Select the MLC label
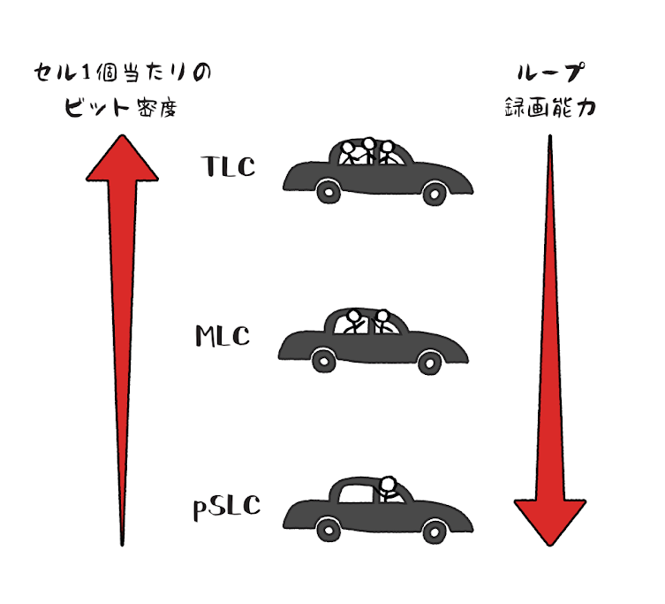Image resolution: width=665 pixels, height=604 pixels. pyautogui.click(x=223, y=337)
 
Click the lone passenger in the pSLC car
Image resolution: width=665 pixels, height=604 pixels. pyautogui.click(x=388, y=488)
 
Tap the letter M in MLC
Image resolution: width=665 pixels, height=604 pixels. pyautogui.click(x=206, y=337)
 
